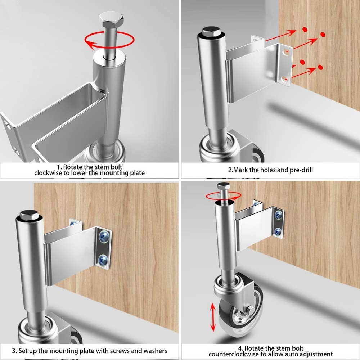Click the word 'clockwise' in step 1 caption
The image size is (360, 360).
(x=48, y=173)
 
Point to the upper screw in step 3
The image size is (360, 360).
(x=104, y=236)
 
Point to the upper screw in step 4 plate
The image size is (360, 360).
(x=279, y=215)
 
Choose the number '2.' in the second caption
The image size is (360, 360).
(x=230, y=170)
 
